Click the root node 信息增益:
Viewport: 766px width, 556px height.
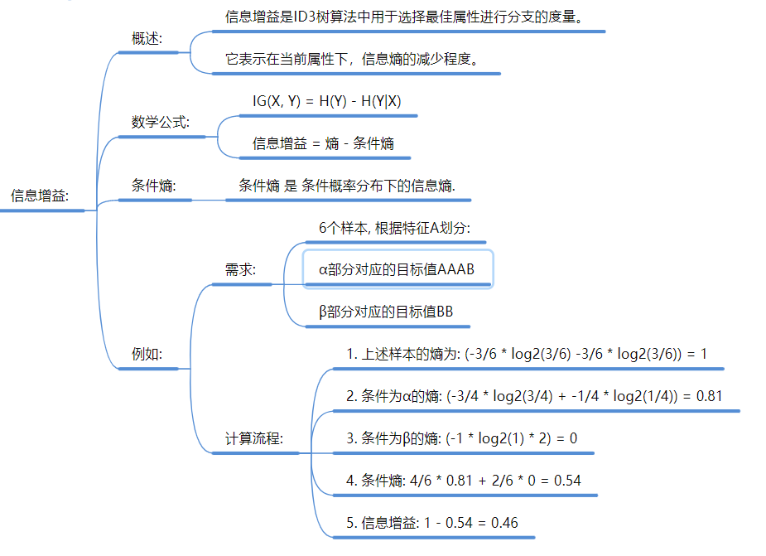(40, 196)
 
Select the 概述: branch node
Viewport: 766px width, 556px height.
(147, 38)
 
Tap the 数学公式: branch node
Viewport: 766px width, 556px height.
(161, 122)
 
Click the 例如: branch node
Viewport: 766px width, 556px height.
(147, 354)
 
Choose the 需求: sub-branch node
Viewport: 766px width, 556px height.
(240, 270)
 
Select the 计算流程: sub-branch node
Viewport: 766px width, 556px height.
(254, 438)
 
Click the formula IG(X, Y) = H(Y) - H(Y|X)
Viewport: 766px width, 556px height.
(327, 101)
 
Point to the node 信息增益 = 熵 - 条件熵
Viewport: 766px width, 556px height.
(323, 143)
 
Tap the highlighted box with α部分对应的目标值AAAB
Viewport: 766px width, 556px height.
(398, 270)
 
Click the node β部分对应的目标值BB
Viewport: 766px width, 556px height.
(386, 312)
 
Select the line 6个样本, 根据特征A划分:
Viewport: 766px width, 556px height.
(394, 228)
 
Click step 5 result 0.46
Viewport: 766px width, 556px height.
(504, 523)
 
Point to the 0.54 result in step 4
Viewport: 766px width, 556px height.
(566, 481)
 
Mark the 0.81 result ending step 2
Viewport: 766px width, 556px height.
(709, 396)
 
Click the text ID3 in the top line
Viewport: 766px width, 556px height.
(306, 17)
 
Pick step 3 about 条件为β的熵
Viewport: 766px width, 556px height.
(460, 438)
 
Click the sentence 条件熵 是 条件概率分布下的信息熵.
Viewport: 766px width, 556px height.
(347, 186)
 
